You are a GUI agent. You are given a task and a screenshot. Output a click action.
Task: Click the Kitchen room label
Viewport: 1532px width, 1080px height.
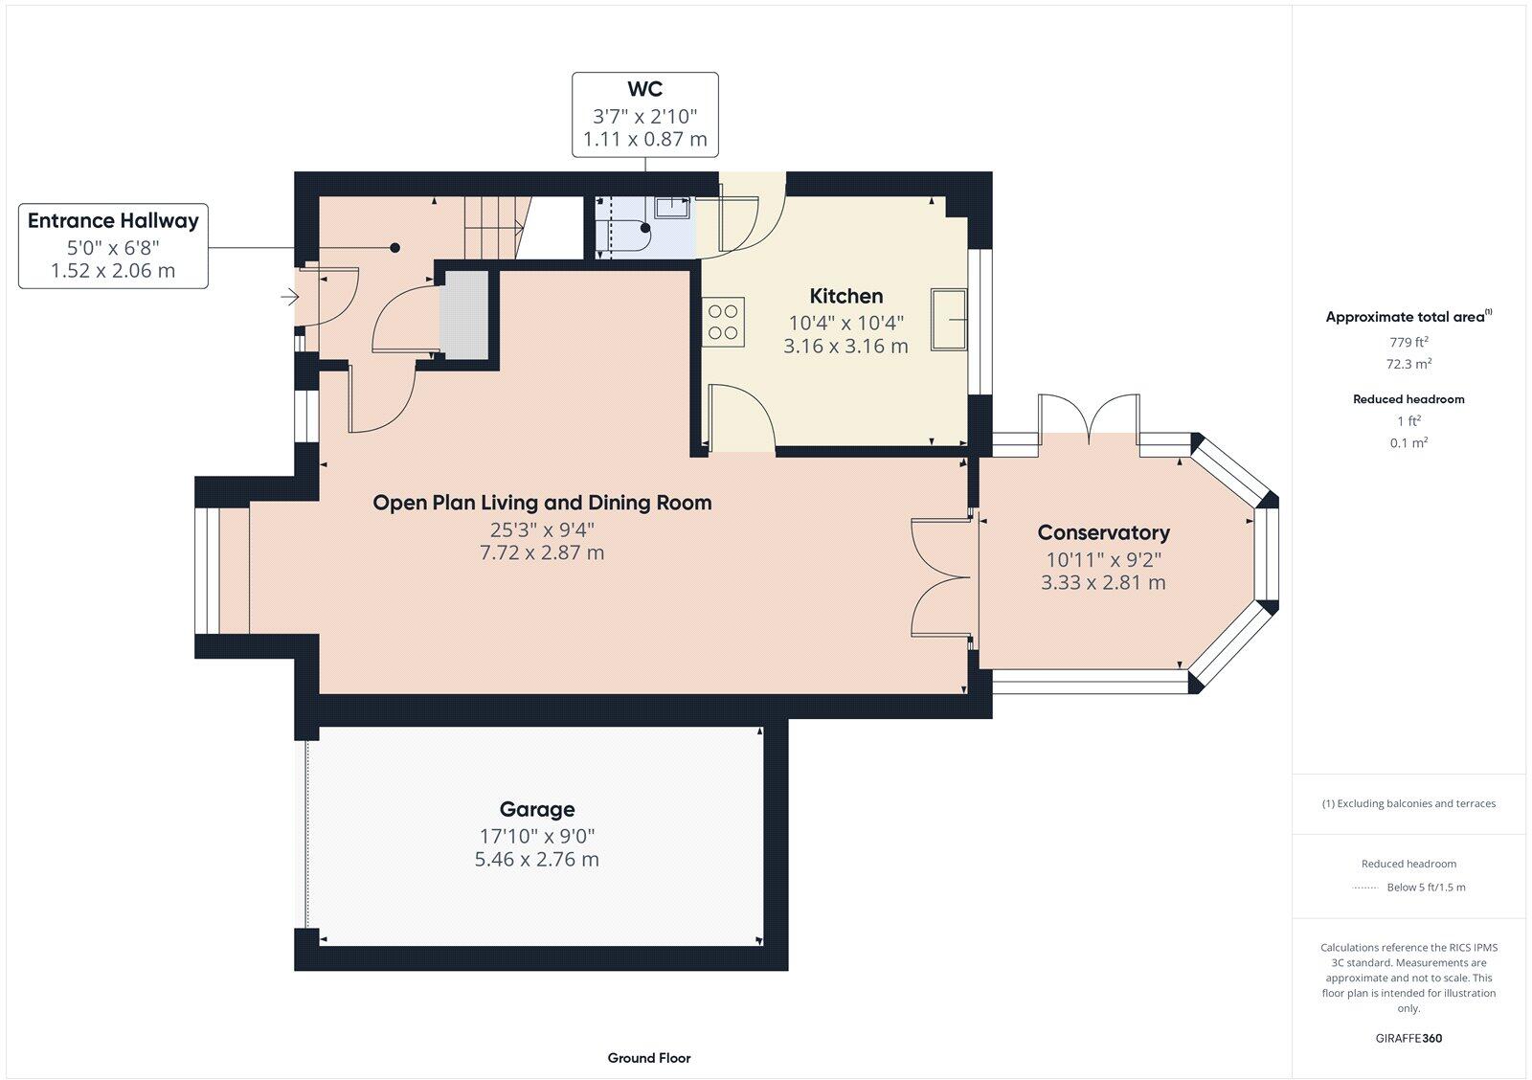pos(845,296)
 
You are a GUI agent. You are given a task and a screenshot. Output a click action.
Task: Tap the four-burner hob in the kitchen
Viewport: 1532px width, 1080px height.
pos(724,322)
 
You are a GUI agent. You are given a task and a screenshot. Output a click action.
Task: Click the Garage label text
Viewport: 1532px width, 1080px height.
pos(536,809)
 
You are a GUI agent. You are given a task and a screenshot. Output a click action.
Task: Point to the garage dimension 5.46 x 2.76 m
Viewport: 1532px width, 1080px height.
pos(536,859)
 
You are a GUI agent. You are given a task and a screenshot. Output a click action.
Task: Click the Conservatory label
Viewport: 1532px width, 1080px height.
pos(1103,532)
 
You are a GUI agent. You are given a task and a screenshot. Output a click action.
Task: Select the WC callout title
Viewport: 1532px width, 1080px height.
pos(644,89)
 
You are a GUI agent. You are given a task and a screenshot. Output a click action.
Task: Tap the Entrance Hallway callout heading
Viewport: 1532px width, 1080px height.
pos(113,220)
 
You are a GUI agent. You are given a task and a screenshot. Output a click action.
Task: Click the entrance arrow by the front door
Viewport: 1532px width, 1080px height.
pos(288,298)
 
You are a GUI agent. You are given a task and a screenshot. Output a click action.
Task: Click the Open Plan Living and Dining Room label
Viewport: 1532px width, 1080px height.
pos(542,503)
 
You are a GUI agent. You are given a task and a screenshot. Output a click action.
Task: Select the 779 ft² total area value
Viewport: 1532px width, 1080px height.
pos(1408,342)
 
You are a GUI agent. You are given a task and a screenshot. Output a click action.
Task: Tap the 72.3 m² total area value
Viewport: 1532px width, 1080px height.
pos(1408,364)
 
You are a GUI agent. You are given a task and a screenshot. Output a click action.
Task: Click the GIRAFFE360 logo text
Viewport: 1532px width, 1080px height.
pos(1408,1038)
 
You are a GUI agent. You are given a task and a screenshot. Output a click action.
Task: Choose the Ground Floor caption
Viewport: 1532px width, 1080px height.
pos(648,1058)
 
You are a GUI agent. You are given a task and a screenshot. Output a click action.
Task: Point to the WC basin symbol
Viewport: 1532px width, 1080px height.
pos(673,208)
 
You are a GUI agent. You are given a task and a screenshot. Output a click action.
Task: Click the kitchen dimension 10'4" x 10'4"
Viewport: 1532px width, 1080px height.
pos(845,323)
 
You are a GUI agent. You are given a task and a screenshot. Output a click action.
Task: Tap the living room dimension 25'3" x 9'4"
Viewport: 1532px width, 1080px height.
pos(542,529)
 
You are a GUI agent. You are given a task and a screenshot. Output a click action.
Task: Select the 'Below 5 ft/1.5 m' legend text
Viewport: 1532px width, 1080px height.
pos(1426,888)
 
